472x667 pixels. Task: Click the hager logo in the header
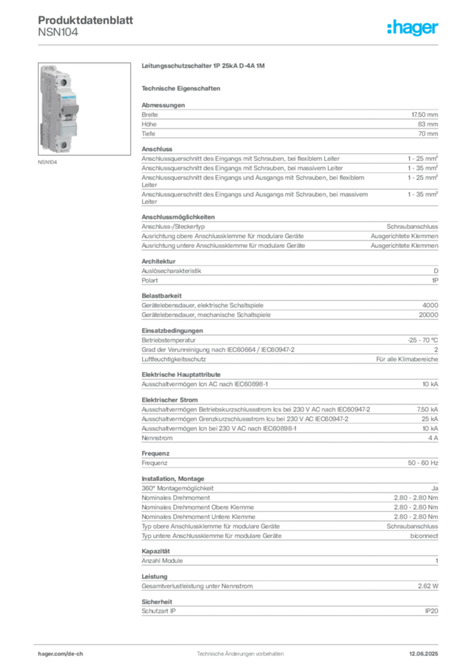(412, 27)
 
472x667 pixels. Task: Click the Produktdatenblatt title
(85, 20)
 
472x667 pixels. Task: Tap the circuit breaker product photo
(84, 109)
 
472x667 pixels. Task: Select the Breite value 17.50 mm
(424, 115)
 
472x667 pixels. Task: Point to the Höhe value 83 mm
(428, 124)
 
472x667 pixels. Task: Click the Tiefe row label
(149, 134)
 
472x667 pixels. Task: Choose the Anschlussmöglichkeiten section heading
(178, 217)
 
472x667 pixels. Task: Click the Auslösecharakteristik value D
(436, 271)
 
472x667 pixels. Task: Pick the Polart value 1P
(435, 280)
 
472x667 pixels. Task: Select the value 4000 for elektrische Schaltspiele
(430, 305)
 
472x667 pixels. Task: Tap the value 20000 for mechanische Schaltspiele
(428, 315)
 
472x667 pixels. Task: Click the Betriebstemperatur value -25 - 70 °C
(422, 340)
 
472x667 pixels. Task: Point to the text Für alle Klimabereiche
(407, 360)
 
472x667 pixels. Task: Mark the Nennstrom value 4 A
(434, 438)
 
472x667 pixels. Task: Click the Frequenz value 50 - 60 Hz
(423, 463)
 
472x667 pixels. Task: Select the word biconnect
(424, 536)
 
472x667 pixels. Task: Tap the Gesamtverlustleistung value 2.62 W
(428, 586)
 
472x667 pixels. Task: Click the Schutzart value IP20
(432, 611)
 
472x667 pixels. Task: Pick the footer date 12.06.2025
(424, 654)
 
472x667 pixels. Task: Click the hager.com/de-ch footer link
(61, 654)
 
